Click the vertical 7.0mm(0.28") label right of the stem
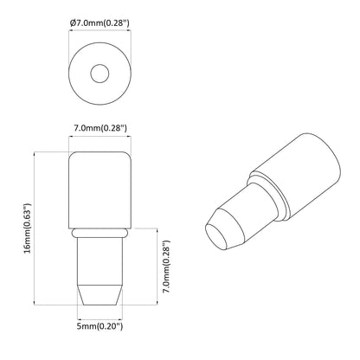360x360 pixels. click(x=170, y=266)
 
